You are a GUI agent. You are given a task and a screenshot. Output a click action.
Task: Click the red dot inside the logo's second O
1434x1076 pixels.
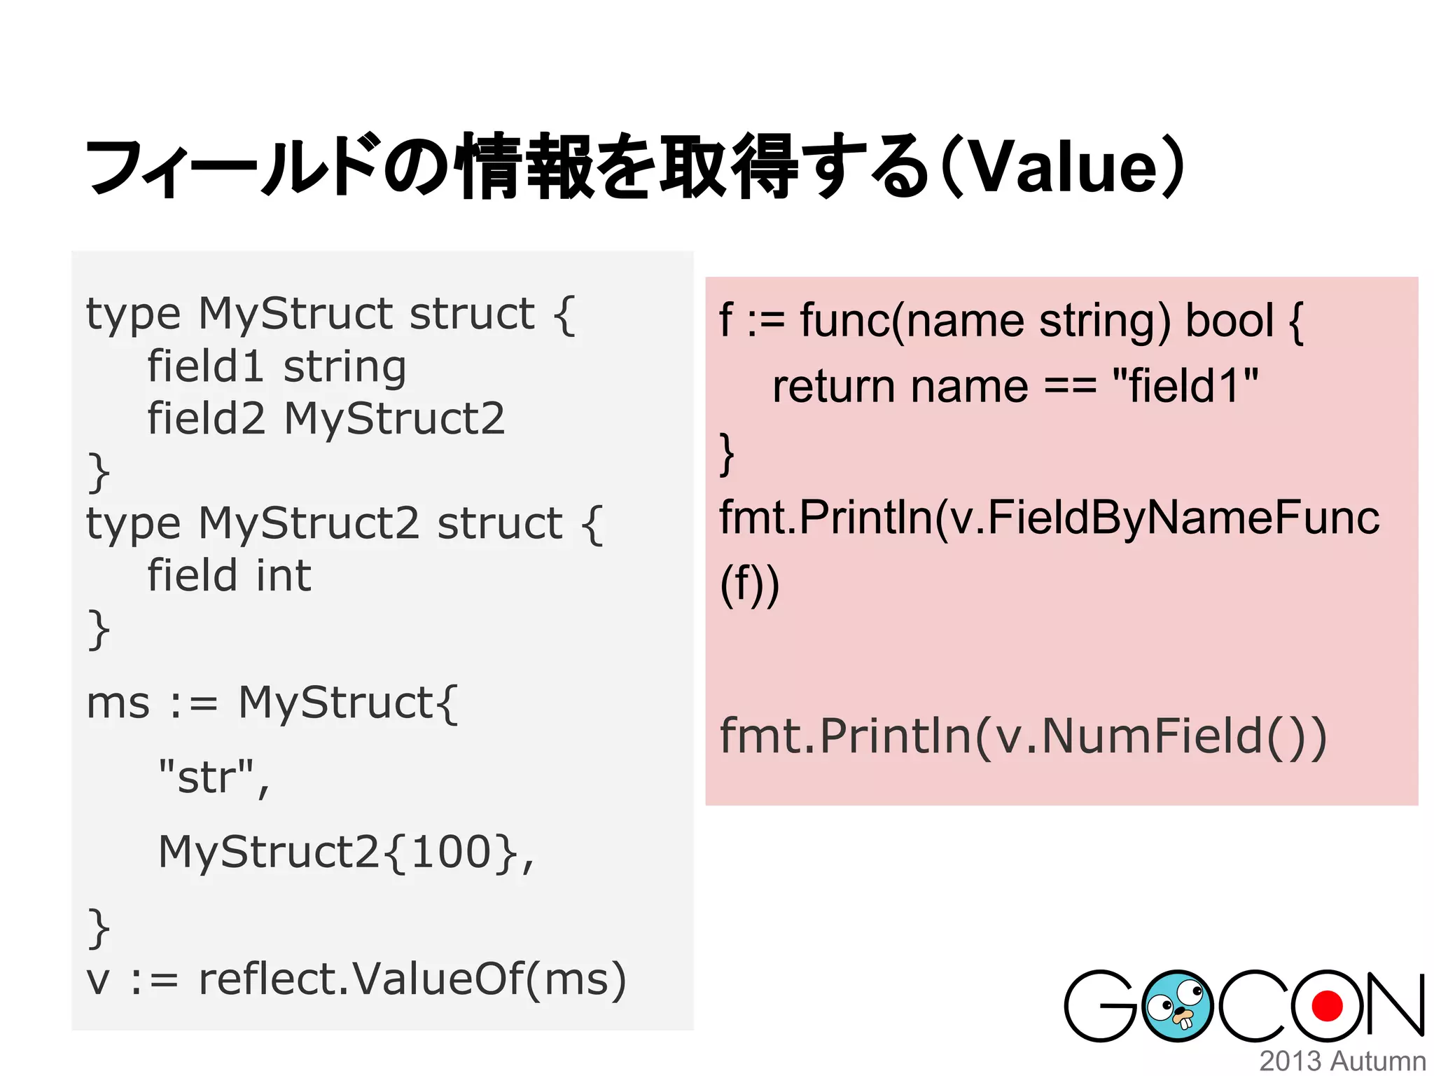(x=1326, y=1007)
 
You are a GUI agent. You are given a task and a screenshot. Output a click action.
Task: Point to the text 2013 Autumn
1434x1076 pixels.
(x=1342, y=1061)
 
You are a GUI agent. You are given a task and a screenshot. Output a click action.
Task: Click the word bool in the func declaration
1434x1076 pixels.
(x=1229, y=321)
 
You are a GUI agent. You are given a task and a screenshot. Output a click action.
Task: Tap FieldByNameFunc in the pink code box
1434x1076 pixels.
(x=1183, y=518)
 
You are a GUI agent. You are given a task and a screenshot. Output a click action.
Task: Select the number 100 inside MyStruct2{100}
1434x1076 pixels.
(x=451, y=853)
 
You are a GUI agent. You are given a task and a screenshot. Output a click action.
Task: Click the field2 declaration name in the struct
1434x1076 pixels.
(x=206, y=419)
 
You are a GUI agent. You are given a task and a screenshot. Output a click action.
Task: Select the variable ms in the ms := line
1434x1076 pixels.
(x=118, y=703)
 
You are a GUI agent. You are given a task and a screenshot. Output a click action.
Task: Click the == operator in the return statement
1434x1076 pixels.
(x=1069, y=387)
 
